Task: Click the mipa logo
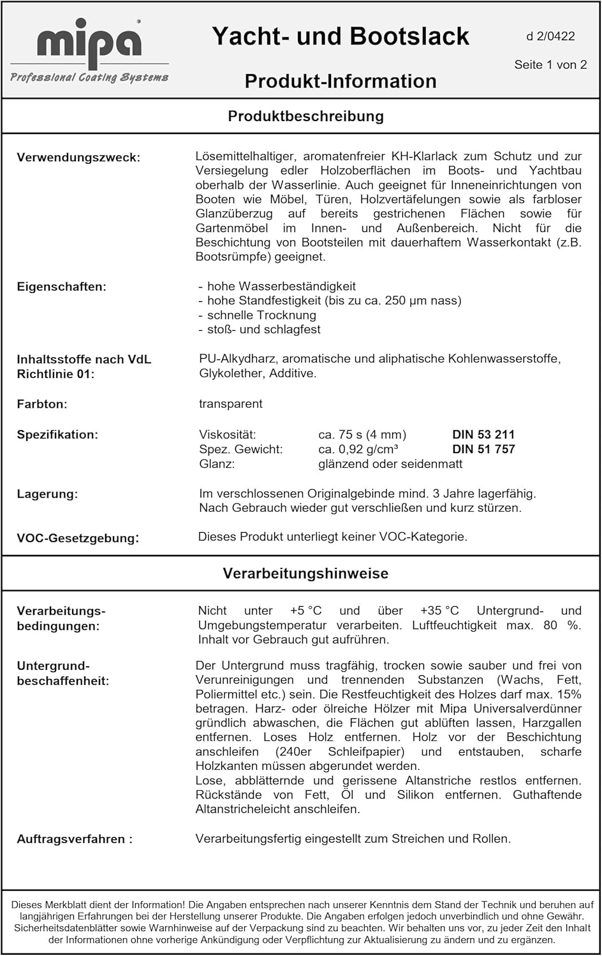[89, 44]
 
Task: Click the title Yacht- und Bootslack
[340, 36]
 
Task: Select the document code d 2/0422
[550, 36]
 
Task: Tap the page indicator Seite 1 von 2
[550, 64]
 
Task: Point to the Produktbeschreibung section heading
[305, 116]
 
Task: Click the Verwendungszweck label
[78, 157]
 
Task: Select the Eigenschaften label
[61, 287]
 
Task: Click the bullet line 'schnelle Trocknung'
[261, 315]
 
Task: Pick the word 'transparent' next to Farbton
[230, 403]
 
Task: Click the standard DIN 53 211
[483, 435]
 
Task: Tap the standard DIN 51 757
[483, 449]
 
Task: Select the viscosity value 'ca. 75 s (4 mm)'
[362, 435]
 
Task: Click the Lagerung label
[47, 494]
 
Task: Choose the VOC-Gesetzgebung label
[78, 538]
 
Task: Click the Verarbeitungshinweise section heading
[305, 573]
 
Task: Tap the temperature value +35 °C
[439, 611]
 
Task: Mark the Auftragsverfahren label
[75, 839]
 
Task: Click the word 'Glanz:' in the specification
[217, 464]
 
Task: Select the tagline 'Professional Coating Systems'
[89, 77]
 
